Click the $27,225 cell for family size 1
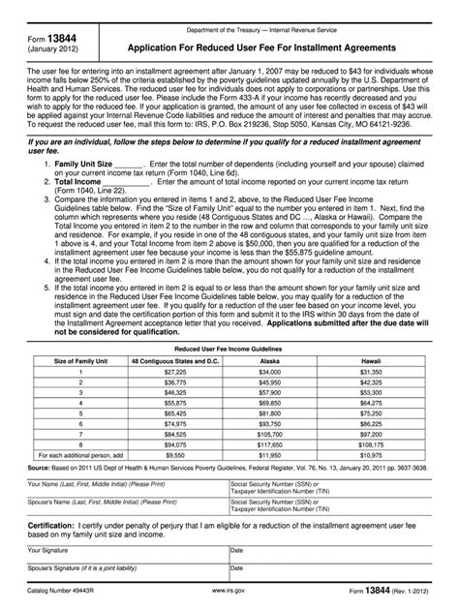click(x=175, y=371)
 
